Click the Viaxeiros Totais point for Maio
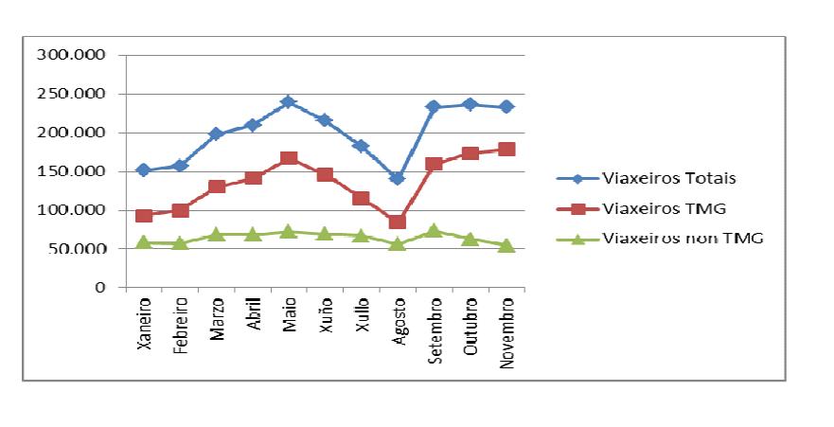tap(289, 101)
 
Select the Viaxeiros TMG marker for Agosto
tap(398, 222)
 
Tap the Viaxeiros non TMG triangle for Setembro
tap(434, 230)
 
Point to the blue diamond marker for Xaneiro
tap(144, 170)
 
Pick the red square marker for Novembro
tap(506, 149)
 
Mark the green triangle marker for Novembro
tap(506, 245)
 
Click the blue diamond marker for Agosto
tap(398, 178)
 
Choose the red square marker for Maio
tap(289, 158)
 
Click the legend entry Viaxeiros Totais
tap(669, 177)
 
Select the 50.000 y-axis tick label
tap(81, 248)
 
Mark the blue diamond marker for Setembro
tap(434, 107)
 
